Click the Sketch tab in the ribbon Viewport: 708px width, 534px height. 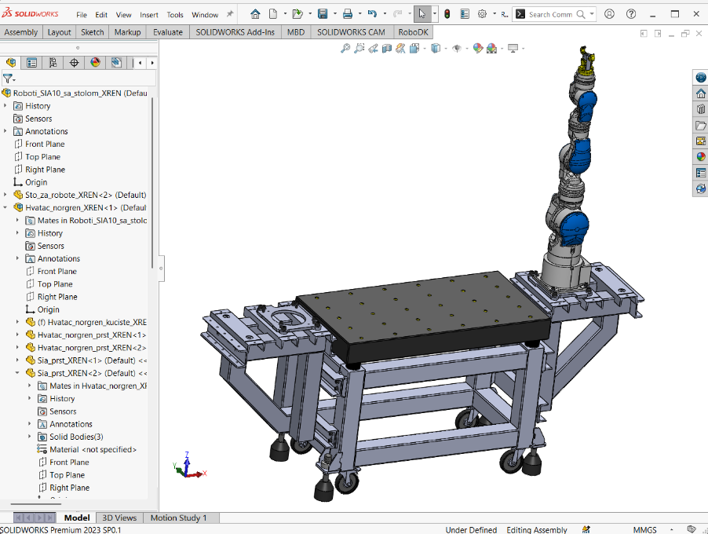(x=92, y=32)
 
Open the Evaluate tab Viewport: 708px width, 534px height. (x=167, y=32)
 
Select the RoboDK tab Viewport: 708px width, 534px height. (x=413, y=32)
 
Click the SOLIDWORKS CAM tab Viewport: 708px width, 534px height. (x=351, y=32)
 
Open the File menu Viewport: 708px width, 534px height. (x=82, y=15)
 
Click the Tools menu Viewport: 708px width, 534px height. (x=175, y=15)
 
